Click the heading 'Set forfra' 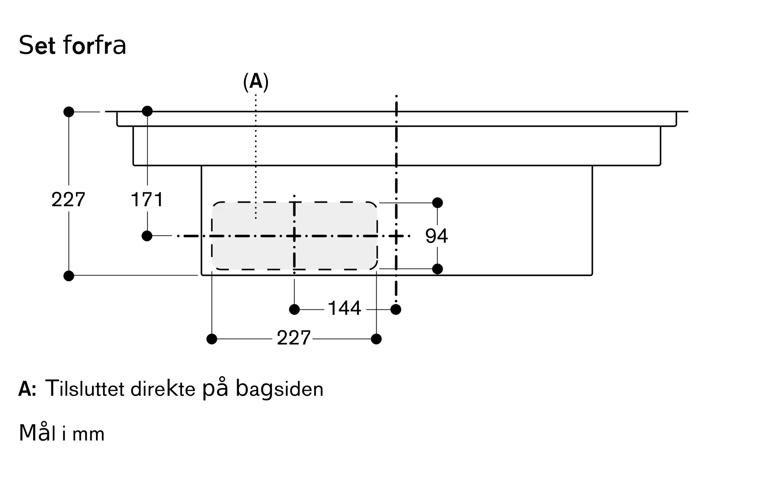tap(72, 45)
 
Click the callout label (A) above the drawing tap(256, 82)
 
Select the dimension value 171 tap(147, 200)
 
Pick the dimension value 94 tap(436, 236)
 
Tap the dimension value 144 tap(344, 308)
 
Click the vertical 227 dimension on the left tap(68, 200)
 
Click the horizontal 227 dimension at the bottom tap(293, 338)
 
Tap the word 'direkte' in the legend tap(163, 389)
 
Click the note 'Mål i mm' tap(62, 433)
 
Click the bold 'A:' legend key tap(27, 389)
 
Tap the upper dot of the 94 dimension tap(437, 203)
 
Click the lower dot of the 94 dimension tap(437, 269)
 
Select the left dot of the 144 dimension tap(294, 309)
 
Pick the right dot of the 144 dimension tap(396, 309)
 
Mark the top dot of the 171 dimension tap(147, 111)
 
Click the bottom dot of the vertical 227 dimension tap(69, 276)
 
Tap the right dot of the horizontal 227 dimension tap(376, 339)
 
